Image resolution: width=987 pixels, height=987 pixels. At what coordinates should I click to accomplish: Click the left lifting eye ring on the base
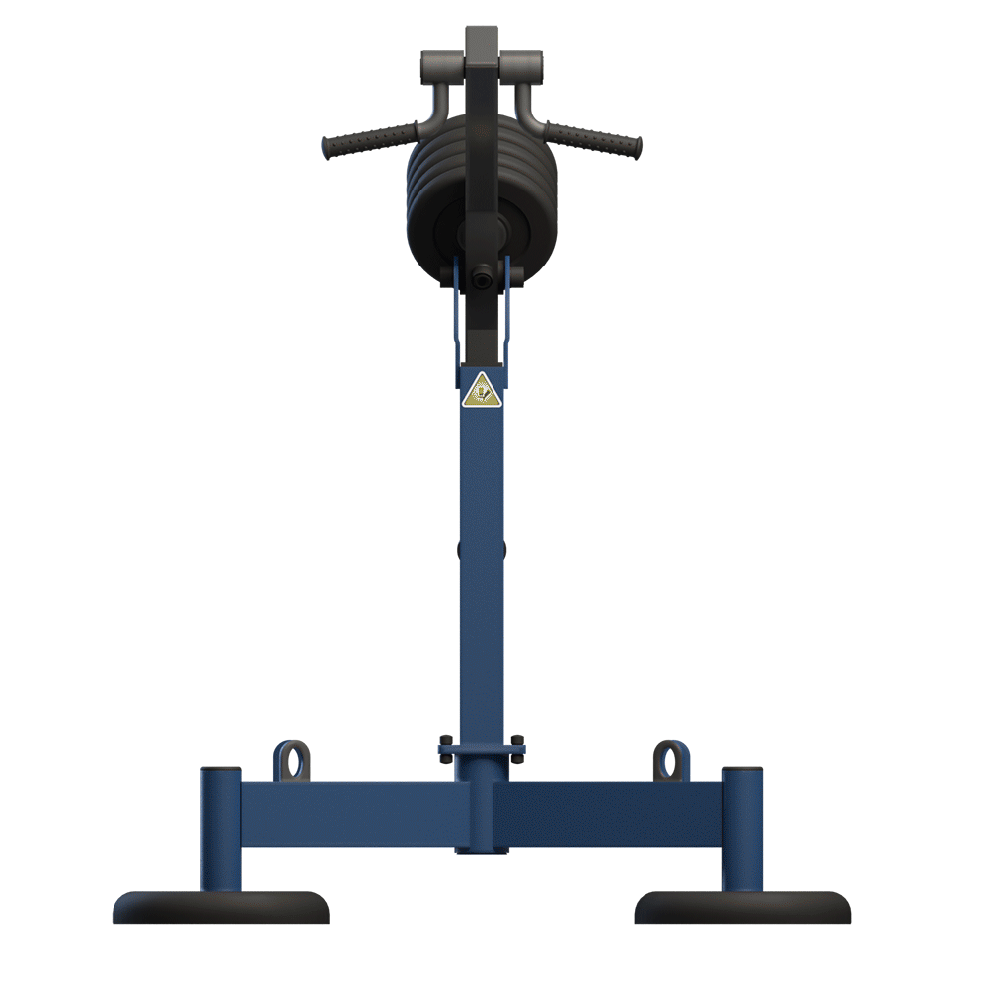(x=291, y=760)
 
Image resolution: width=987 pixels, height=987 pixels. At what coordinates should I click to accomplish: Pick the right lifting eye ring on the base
(x=671, y=760)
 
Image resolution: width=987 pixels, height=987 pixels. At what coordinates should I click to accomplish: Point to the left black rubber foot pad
(x=220, y=907)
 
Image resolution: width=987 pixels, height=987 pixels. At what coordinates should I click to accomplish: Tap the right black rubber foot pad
(x=742, y=907)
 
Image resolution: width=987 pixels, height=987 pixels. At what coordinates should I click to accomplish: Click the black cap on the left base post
(x=220, y=771)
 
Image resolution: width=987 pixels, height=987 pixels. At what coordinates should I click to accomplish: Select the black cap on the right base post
(x=742, y=771)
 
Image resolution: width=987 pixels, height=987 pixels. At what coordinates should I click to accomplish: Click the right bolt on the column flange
(x=517, y=740)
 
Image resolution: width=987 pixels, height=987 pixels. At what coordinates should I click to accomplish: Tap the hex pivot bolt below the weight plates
(x=481, y=279)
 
